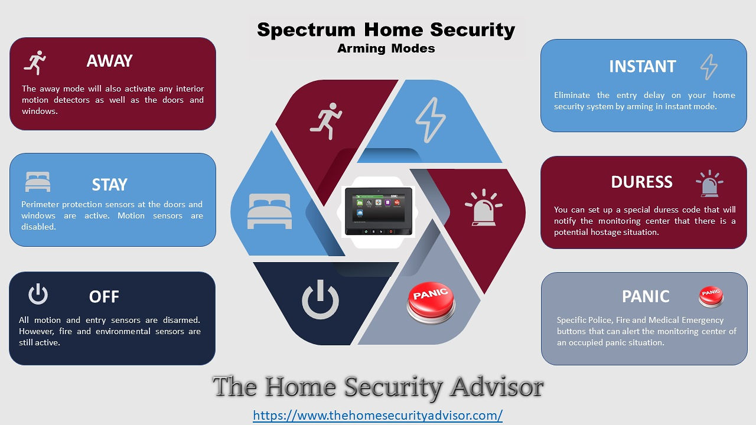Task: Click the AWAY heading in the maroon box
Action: pos(109,61)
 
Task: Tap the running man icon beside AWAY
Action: pos(35,63)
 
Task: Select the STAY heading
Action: pos(109,185)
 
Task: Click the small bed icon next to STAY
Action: pos(38,182)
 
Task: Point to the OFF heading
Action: pos(104,297)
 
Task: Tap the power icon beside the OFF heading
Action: pos(38,294)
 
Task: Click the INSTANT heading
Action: pos(642,67)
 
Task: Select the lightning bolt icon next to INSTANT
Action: pos(709,67)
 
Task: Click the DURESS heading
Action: pos(641,182)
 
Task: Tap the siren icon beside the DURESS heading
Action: pos(709,184)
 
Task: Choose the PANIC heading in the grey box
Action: pos(646,297)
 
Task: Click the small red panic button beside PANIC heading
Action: pos(711,297)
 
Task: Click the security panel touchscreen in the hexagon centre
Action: pos(379,211)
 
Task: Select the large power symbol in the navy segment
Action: pos(320,299)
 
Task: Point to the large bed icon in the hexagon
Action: pos(269,211)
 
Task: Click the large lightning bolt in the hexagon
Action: pos(431,120)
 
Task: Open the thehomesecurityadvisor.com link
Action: pos(377,415)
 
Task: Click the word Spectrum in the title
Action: pos(306,30)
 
